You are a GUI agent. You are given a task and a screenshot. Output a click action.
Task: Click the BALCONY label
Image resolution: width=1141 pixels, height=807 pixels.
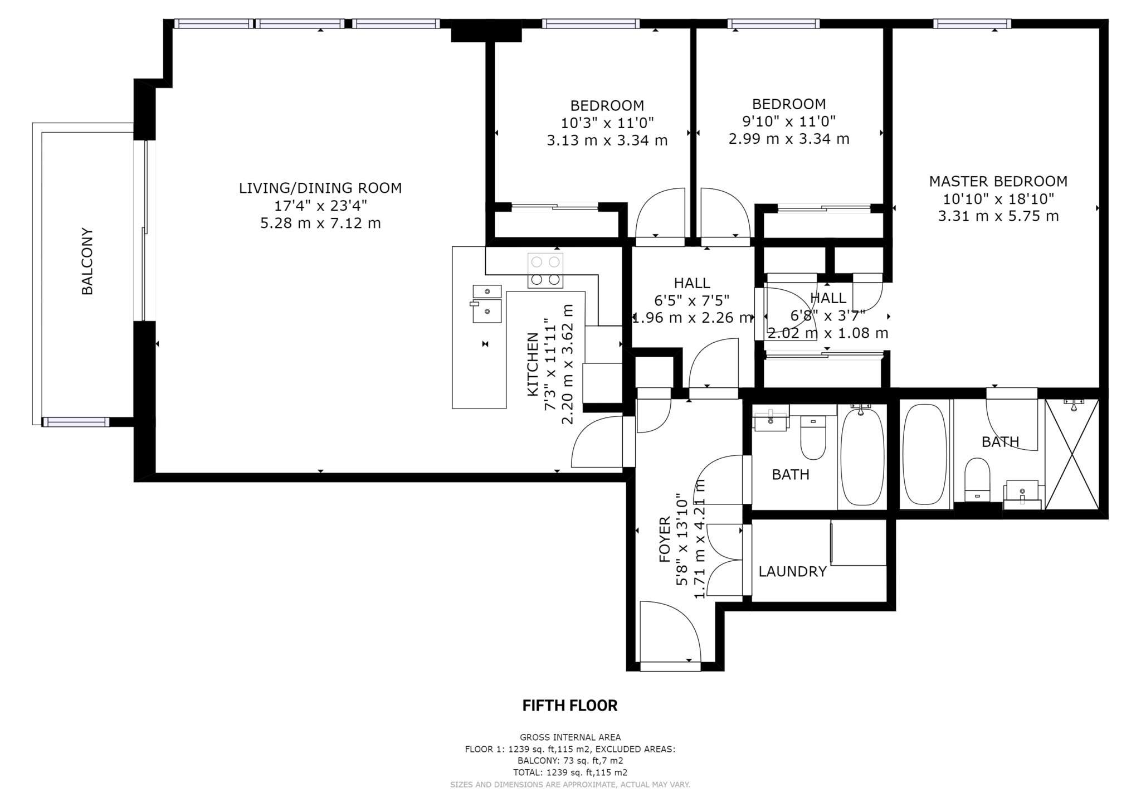click(87, 261)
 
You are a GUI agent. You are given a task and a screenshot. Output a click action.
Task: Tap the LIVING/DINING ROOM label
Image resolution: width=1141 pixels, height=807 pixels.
click(320, 188)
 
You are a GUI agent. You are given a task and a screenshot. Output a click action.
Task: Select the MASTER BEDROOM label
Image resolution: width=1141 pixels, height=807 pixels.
click(998, 181)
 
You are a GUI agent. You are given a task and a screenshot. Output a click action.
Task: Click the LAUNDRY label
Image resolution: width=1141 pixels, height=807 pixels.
click(792, 571)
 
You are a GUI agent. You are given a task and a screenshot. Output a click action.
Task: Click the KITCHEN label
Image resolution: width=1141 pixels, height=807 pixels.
click(533, 364)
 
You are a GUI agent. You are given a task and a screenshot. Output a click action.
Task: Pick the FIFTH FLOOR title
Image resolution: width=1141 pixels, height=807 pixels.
click(570, 706)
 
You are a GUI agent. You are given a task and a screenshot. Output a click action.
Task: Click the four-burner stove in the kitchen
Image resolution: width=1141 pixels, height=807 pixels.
click(545, 270)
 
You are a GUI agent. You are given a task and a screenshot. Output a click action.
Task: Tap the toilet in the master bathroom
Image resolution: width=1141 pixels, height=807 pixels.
click(977, 480)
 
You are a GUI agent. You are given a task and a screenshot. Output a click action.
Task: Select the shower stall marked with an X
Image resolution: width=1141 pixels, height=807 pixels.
click(1072, 454)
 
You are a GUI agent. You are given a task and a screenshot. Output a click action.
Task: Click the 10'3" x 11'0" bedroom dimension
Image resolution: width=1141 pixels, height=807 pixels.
click(607, 123)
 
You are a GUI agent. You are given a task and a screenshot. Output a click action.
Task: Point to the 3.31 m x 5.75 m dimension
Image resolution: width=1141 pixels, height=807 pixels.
click(998, 216)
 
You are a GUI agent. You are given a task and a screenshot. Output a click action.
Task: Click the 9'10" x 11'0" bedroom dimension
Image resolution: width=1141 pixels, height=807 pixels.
click(789, 121)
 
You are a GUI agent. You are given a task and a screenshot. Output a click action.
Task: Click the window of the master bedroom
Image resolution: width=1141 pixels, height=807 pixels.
click(972, 23)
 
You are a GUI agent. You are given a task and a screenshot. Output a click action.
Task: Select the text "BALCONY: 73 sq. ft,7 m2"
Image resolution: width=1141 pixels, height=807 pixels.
click(570, 761)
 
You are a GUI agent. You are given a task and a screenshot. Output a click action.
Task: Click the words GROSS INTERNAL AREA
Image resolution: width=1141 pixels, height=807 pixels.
click(570, 737)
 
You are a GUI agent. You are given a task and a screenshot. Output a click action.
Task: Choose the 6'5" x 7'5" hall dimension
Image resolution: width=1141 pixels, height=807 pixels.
click(691, 301)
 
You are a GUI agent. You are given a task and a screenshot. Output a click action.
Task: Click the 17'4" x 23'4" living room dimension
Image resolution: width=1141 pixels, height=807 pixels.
click(320, 206)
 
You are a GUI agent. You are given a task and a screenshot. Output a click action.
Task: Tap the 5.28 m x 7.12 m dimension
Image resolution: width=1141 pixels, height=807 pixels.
click(320, 223)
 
